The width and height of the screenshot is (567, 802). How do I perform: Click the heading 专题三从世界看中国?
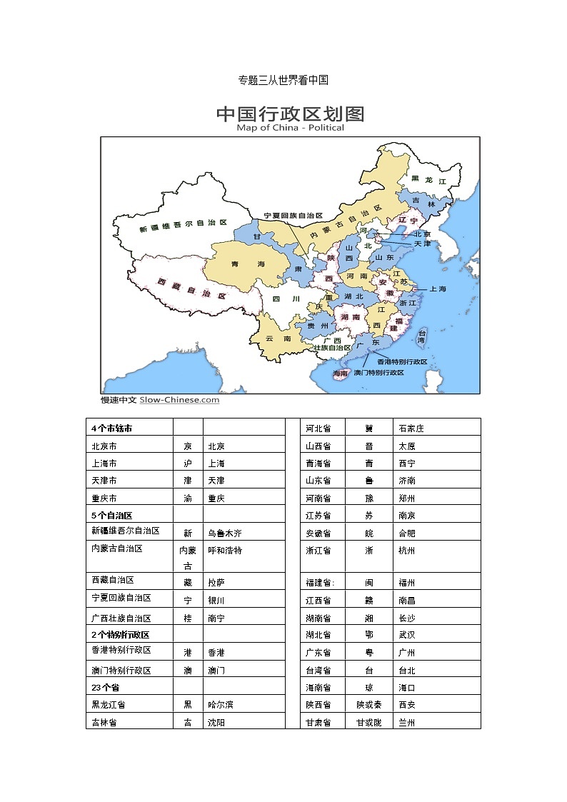[x=283, y=80]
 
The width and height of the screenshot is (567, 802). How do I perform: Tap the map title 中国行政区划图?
[x=290, y=114]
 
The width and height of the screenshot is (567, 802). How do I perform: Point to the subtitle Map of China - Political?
[x=290, y=128]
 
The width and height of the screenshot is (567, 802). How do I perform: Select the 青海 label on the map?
[x=248, y=264]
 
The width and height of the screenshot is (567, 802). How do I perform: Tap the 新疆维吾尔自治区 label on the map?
[x=184, y=226]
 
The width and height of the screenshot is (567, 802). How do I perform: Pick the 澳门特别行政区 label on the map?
[x=378, y=373]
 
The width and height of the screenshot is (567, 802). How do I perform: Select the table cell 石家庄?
[x=411, y=428]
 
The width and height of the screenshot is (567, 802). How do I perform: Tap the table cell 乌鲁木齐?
[x=224, y=533]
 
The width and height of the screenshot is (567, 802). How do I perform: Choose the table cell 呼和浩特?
[x=224, y=551]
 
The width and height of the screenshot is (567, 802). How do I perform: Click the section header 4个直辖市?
[x=111, y=428]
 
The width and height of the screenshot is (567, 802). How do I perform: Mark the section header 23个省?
[x=105, y=687]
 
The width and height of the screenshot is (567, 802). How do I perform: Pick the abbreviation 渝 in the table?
[x=188, y=498]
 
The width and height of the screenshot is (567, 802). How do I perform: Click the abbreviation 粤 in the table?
[x=368, y=652]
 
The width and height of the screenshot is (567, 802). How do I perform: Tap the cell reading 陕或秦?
[x=368, y=705]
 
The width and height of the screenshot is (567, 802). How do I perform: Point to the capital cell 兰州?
[x=407, y=723]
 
